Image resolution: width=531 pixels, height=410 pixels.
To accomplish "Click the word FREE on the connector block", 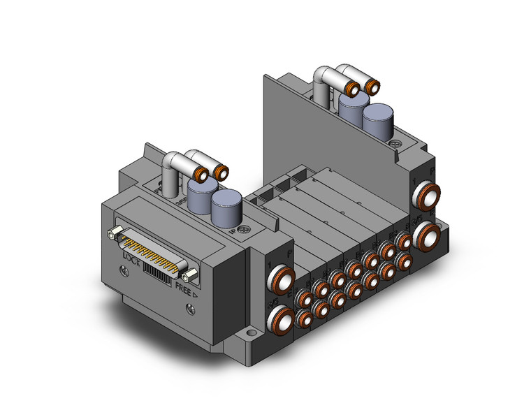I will click(184, 285).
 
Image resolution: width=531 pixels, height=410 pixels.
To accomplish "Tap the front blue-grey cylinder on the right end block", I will click(377, 124).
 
